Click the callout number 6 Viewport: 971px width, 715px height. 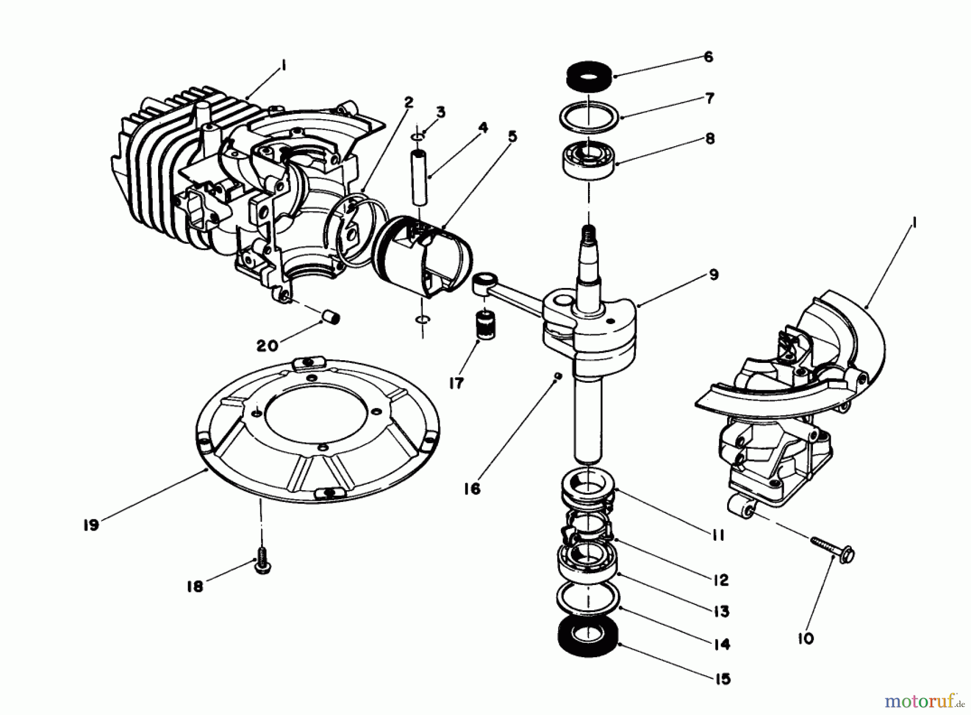click(x=708, y=57)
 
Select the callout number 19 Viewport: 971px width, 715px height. click(x=91, y=525)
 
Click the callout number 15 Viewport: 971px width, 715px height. click(x=723, y=678)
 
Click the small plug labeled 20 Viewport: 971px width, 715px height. click(x=331, y=316)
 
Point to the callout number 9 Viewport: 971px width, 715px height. click(x=714, y=275)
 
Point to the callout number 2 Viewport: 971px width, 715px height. click(x=408, y=102)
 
